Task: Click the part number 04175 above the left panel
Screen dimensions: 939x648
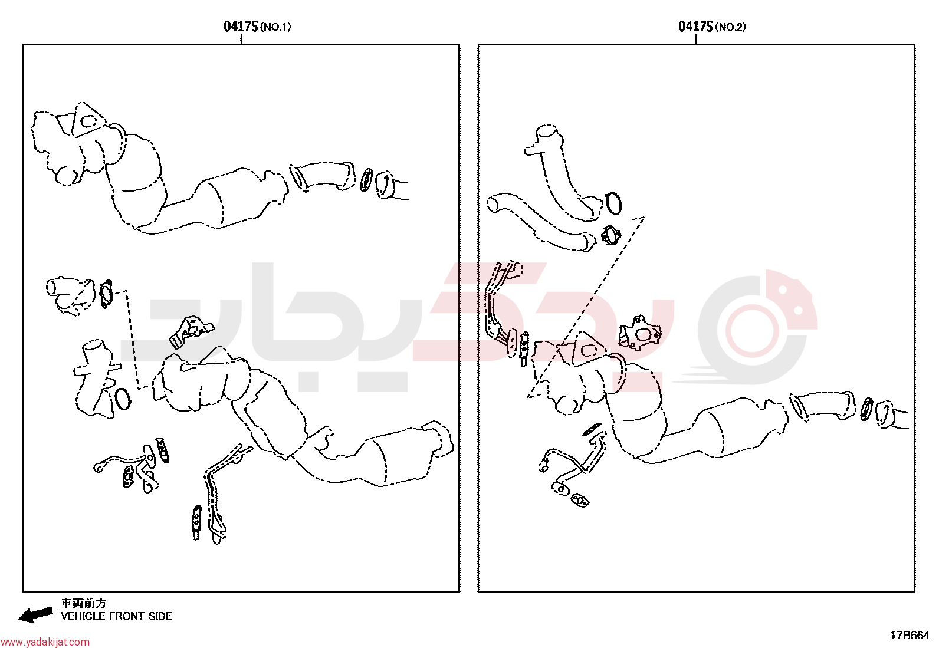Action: pyautogui.click(x=240, y=27)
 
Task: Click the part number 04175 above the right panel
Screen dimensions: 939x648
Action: pyautogui.click(x=695, y=27)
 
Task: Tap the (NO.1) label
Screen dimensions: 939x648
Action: pyautogui.click(x=275, y=27)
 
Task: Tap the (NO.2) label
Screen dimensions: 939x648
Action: pyautogui.click(x=730, y=27)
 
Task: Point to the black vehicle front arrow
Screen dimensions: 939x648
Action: pyautogui.click(x=35, y=614)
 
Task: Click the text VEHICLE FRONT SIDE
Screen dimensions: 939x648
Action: pyautogui.click(x=117, y=616)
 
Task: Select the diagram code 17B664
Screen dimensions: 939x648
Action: pyautogui.click(x=910, y=636)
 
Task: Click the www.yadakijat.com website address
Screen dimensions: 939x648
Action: pyautogui.click(x=45, y=642)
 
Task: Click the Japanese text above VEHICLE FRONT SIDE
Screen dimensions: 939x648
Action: pyautogui.click(x=84, y=603)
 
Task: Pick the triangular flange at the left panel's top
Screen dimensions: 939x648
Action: pyautogui.click(x=88, y=120)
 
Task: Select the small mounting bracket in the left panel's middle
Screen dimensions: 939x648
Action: pyautogui.click(x=191, y=331)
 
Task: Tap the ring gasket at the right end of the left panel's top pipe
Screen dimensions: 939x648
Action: pyautogui.click(x=366, y=180)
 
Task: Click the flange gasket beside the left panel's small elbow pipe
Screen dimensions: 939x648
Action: pyautogui.click(x=106, y=294)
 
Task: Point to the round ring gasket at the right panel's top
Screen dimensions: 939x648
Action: pyautogui.click(x=613, y=203)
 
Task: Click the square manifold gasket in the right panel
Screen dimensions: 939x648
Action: pyautogui.click(x=641, y=333)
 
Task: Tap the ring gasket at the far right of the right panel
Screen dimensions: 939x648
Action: pyautogui.click(x=866, y=409)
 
